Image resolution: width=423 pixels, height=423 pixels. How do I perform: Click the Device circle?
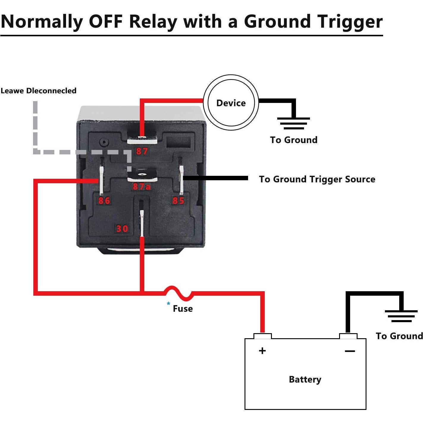[x=231, y=103]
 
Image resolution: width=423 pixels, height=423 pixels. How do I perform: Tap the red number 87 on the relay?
[x=142, y=151]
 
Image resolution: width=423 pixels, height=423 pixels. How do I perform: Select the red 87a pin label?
[x=142, y=187]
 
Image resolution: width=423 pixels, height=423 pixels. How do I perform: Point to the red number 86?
[x=104, y=200]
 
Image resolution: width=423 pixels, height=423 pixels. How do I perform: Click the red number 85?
[x=178, y=200]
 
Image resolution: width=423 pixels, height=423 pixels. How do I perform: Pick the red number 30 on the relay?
[x=122, y=228]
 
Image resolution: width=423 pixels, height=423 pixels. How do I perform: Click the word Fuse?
[x=183, y=308]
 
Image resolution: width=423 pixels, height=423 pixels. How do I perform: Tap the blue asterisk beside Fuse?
[x=169, y=304]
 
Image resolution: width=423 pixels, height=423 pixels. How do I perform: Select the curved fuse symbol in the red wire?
[x=178, y=292]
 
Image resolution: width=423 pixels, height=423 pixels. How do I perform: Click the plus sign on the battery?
[x=262, y=351]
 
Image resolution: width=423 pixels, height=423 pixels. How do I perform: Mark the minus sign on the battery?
[x=350, y=351]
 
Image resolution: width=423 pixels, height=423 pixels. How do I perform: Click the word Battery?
[x=305, y=379]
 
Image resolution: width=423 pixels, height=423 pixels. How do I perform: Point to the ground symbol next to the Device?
[x=293, y=123]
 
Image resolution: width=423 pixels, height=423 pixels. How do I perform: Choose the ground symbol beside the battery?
[x=401, y=316]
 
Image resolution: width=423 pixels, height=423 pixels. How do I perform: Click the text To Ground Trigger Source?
[x=317, y=179]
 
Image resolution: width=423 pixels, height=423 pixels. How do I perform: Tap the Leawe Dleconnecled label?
[x=38, y=91]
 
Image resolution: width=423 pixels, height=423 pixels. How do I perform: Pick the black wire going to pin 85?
[x=215, y=178]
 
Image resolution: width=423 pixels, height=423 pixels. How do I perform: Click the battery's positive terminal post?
[x=262, y=336]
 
